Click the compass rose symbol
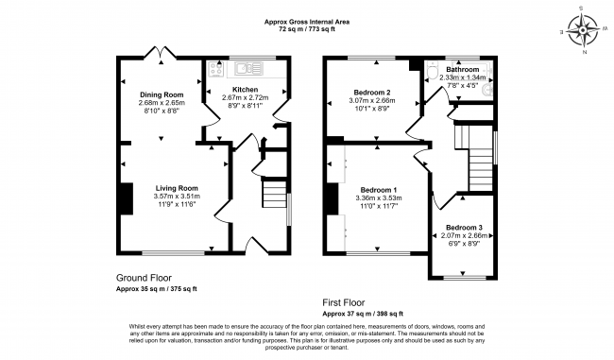coord(585,30)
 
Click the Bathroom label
coord(463,70)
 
